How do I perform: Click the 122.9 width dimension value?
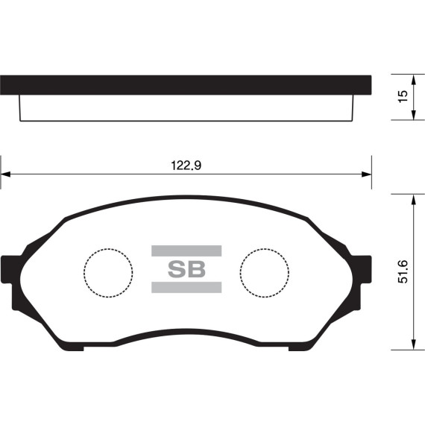tap(187, 166)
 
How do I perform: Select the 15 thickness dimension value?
tap(403, 97)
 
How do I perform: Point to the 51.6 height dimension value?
tap(403, 271)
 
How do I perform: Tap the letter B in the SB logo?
tap(195, 269)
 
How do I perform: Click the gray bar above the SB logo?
tap(186, 251)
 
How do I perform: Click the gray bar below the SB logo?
tap(186, 288)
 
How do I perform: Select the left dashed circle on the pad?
tap(108, 271)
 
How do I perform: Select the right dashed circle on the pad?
tap(264, 271)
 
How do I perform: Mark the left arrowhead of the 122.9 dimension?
tap(4, 174)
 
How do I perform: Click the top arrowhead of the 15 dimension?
tap(412, 78)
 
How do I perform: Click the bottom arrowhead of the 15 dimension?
tap(412, 117)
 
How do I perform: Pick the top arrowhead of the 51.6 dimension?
tap(412, 197)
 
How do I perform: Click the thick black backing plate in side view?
tap(186, 84)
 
